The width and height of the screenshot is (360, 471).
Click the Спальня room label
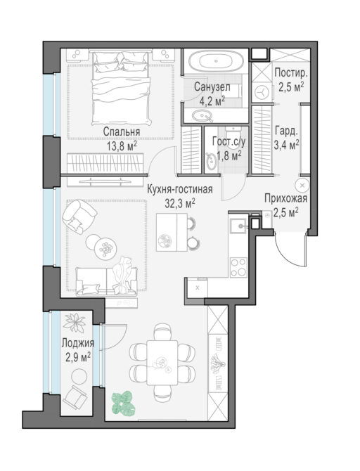click(x=122, y=131)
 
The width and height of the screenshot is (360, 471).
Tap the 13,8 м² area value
click(x=122, y=146)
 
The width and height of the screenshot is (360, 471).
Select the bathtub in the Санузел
click(x=216, y=61)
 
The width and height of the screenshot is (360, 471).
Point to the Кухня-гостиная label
click(x=180, y=189)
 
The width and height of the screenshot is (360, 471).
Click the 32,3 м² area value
click(x=180, y=203)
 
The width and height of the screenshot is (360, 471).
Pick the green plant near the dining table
click(x=123, y=403)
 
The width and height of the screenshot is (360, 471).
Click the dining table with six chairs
click(x=162, y=363)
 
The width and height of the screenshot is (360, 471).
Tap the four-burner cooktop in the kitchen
click(x=238, y=267)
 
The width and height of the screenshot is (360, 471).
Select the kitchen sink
click(x=238, y=226)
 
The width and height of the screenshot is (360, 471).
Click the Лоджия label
click(x=78, y=343)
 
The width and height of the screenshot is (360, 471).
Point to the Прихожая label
click(x=285, y=198)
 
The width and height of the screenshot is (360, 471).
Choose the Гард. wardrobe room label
click(x=286, y=131)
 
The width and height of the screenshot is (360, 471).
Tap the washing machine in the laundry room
click(x=262, y=92)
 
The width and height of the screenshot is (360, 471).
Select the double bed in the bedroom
click(x=122, y=88)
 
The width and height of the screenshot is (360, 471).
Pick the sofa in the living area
click(x=107, y=281)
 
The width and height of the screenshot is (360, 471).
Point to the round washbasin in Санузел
click(x=202, y=116)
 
